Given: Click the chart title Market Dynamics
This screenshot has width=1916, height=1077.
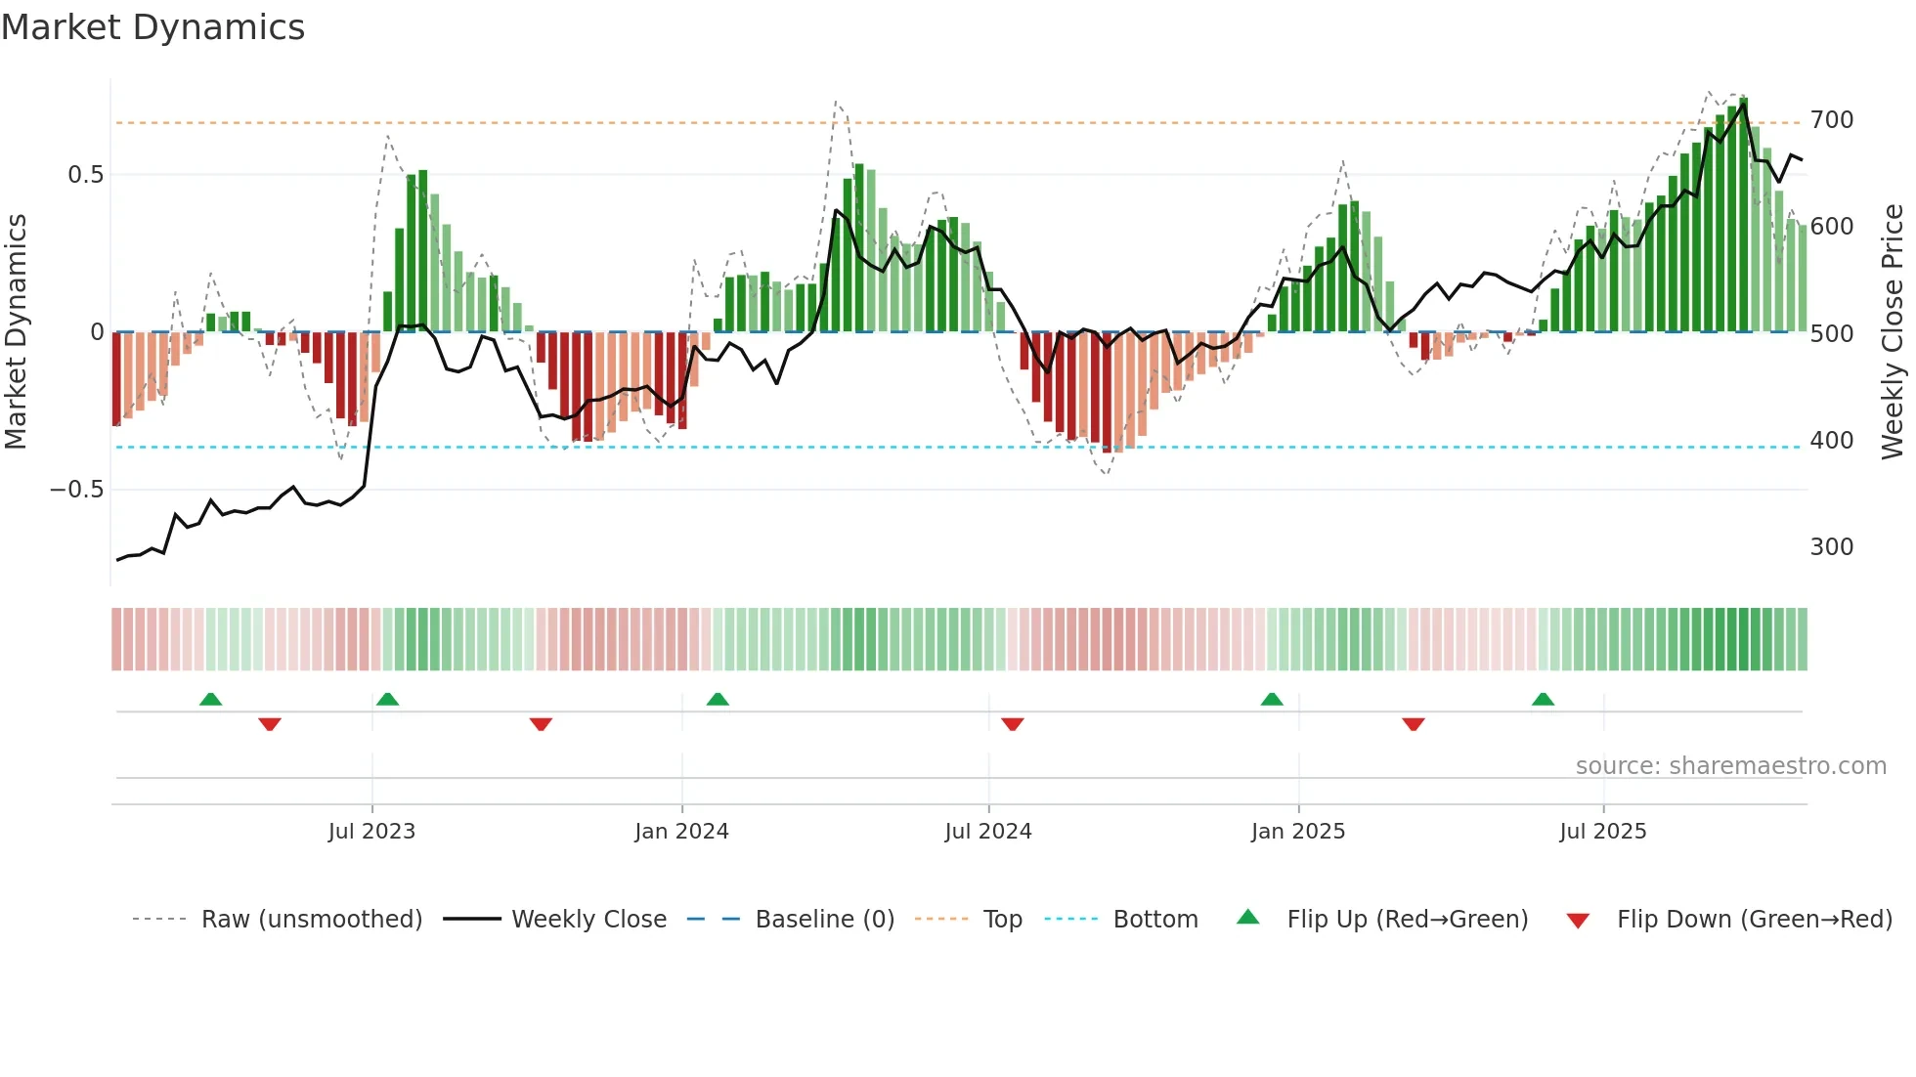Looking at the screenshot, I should (x=152, y=27).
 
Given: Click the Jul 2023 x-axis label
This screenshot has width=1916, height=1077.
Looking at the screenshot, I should (x=371, y=832).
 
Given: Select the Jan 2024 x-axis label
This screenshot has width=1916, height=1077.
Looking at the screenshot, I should (x=681, y=832).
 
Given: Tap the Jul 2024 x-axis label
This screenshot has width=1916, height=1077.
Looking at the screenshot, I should (x=988, y=832).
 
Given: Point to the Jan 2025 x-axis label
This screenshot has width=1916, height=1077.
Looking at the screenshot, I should (x=1298, y=832).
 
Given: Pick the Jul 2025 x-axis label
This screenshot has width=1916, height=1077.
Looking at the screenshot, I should (x=1603, y=832).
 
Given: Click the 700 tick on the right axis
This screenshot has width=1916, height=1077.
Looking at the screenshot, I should (x=1831, y=120).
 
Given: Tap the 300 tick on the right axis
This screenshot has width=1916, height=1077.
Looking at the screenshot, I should (x=1831, y=547).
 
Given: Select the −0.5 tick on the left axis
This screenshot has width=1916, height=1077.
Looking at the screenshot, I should (x=77, y=490).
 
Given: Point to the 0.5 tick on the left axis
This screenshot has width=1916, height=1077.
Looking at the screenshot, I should (x=85, y=175).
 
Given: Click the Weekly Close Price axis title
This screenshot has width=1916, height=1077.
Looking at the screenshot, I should (x=1893, y=332).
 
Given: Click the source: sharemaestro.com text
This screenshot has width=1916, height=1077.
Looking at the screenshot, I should (x=1730, y=766).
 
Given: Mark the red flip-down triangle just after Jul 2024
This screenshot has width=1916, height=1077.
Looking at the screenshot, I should (x=1013, y=723).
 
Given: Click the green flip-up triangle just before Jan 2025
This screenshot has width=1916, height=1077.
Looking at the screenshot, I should (x=1272, y=700).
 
